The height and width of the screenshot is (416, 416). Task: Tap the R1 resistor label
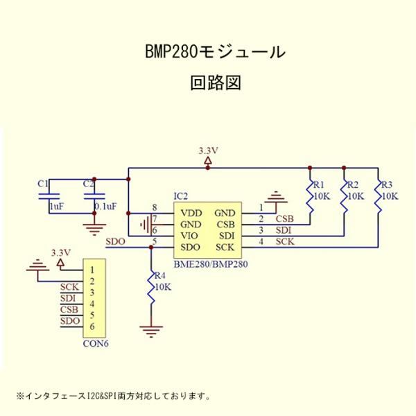[x=318, y=185]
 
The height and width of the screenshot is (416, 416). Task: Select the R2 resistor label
[x=352, y=185]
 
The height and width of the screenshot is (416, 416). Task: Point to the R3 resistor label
[x=387, y=185]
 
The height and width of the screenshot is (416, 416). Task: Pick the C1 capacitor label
[x=43, y=184]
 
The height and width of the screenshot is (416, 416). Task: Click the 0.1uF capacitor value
[x=105, y=207]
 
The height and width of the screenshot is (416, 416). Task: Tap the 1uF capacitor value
[x=57, y=207]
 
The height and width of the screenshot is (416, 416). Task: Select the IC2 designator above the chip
[x=180, y=196]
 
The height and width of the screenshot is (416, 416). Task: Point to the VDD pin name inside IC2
[x=192, y=213]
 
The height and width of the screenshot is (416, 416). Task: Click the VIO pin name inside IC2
[x=191, y=236]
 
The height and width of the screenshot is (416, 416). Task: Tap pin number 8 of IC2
[x=154, y=208]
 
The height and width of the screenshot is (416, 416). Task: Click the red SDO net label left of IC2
[x=115, y=242]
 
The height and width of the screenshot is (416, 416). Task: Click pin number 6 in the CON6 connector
[x=92, y=327]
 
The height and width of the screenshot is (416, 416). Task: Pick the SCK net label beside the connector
[x=69, y=287]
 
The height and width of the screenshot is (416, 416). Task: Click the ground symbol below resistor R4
[x=151, y=329]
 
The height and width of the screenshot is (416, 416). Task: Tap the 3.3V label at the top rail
[x=208, y=150]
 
